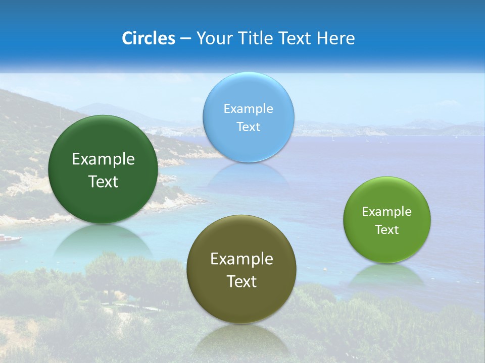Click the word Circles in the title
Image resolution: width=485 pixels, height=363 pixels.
click(x=148, y=38)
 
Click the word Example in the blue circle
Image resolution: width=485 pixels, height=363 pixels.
click(x=248, y=108)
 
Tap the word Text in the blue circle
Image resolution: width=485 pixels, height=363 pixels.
click(x=248, y=127)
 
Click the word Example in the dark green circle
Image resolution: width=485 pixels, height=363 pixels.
click(x=103, y=159)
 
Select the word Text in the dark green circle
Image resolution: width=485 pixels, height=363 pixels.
click(x=103, y=181)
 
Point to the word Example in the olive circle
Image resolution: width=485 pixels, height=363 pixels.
click(x=241, y=259)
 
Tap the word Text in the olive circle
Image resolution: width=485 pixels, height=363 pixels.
click(x=241, y=281)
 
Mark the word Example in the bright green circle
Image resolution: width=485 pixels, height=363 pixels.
click(x=387, y=212)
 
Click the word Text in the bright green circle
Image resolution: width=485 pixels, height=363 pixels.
click(x=387, y=230)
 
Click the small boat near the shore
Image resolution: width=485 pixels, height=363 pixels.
click(x=10, y=238)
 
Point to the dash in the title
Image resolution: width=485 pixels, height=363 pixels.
click(x=185, y=39)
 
